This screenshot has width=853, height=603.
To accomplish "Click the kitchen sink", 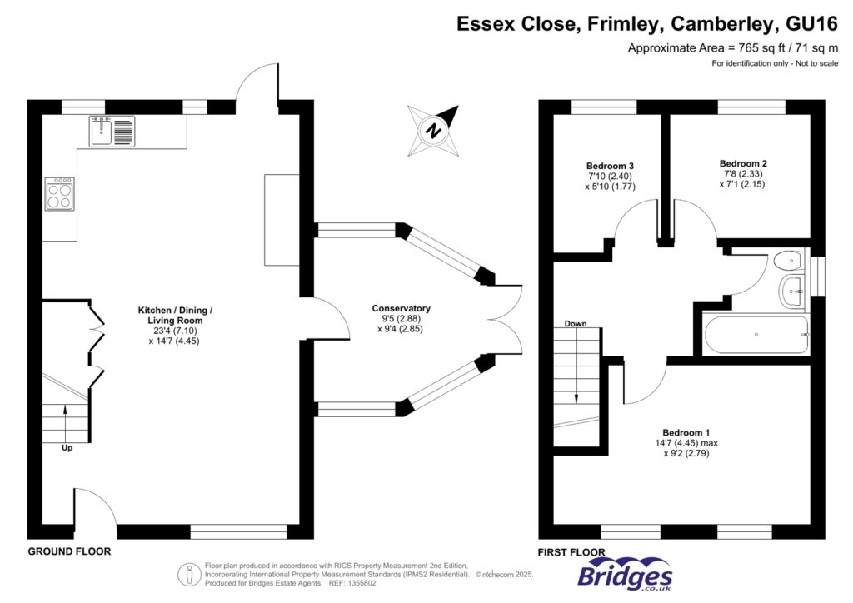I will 111,131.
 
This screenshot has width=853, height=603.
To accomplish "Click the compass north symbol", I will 433,130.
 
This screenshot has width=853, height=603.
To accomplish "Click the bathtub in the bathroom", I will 756,335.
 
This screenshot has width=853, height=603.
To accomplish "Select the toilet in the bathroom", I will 787,262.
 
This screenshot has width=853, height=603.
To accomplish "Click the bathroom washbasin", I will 791,290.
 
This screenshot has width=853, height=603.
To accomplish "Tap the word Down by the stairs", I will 576,323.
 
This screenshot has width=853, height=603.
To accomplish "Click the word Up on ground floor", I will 67,447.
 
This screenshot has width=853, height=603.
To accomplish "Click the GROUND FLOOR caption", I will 69,551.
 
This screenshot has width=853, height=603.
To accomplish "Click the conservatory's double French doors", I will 506,319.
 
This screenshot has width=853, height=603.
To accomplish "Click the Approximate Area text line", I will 732,48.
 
